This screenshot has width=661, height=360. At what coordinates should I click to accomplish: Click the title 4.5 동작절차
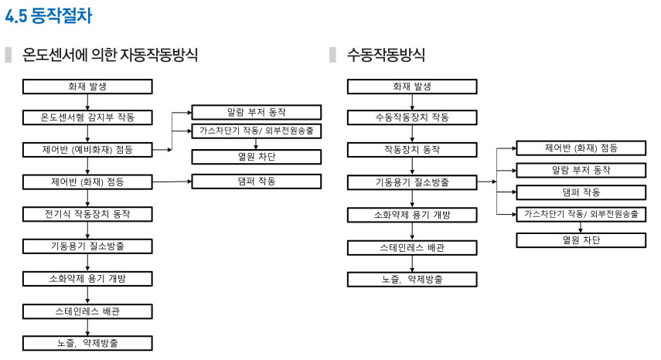pyautogui.click(x=48, y=16)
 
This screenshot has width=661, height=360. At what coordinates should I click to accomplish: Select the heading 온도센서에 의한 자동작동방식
pyautogui.click(x=110, y=55)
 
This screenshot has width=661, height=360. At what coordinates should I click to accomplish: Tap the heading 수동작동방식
pyautogui.click(x=386, y=55)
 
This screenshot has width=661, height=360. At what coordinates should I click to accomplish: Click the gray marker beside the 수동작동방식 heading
pyautogui.click(x=332, y=55)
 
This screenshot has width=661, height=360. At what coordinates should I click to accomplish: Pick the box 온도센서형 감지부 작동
pyautogui.click(x=87, y=117)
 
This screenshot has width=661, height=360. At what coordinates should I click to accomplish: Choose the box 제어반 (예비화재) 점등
pyautogui.click(x=87, y=149)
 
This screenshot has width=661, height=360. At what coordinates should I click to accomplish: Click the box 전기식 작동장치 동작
pyautogui.click(x=87, y=214)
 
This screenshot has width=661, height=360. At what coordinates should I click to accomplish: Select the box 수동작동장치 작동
pyautogui.click(x=412, y=117)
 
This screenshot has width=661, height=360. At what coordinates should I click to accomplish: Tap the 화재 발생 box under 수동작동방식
pyautogui.click(x=412, y=87)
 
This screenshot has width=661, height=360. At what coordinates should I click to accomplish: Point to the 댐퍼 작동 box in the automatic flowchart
pyautogui.click(x=257, y=182)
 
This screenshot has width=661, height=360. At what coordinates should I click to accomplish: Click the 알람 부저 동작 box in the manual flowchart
pyautogui.click(x=581, y=170)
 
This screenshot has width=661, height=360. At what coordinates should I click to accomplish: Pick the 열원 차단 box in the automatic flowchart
pyautogui.click(x=257, y=157)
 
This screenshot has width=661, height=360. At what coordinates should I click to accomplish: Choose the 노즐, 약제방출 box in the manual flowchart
pyautogui.click(x=412, y=280)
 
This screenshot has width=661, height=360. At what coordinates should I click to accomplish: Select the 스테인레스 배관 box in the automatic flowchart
pyautogui.click(x=87, y=311)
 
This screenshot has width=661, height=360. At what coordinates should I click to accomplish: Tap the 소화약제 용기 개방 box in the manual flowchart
pyautogui.click(x=412, y=215)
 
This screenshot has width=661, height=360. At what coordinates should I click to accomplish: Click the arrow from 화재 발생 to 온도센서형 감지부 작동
pyautogui.click(x=87, y=102)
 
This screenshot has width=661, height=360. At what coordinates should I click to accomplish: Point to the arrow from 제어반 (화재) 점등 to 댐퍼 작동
pyautogui.click(x=172, y=182)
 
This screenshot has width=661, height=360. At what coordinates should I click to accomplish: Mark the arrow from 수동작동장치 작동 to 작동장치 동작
pyautogui.click(x=412, y=134)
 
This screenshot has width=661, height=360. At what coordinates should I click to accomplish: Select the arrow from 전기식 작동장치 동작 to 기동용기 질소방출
pyautogui.click(x=87, y=230)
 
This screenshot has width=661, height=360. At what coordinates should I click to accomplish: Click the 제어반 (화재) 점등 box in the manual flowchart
pyautogui.click(x=581, y=148)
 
